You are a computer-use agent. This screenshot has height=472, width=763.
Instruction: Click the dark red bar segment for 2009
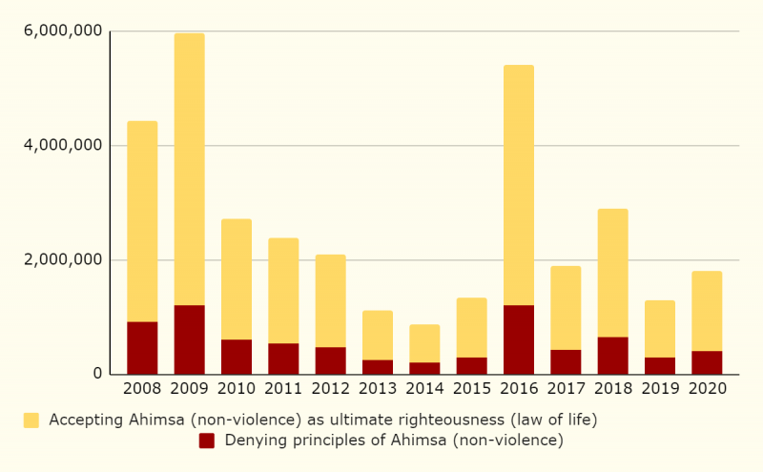click(x=189, y=339)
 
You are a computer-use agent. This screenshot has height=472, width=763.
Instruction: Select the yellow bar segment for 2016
click(x=519, y=185)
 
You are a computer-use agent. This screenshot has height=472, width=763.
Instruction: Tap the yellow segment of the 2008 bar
click(x=142, y=221)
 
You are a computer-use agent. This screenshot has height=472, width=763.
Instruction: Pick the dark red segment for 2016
click(x=519, y=339)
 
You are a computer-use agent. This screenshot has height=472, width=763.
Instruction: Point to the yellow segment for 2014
click(x=424, y=343)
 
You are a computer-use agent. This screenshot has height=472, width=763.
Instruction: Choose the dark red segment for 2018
click(x=612, y=355)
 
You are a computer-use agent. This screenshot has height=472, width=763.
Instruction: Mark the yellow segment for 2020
click(x=707, y=311)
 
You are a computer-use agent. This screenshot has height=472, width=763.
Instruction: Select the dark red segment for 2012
click(x=330, y=360)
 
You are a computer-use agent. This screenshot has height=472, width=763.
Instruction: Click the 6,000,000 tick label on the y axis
click(x=62, y=31)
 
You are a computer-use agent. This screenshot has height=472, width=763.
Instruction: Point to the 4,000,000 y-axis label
click(x=62, y=146)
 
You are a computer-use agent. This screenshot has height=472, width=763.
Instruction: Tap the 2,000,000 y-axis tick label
click(x=62, y=260)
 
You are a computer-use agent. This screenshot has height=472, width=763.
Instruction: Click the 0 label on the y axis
click(x=97, y=374)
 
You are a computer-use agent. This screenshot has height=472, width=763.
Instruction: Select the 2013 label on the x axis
click(x=378, y=389)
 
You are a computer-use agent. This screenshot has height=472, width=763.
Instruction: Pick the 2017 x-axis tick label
click(x=566, y=389)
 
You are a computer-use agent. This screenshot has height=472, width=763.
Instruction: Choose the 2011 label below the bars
click(x=283, y=389)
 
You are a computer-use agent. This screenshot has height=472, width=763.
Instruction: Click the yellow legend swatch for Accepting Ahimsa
click(x=31, y=420)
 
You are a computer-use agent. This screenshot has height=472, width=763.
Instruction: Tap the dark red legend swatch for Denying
click(x=207, y=441)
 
